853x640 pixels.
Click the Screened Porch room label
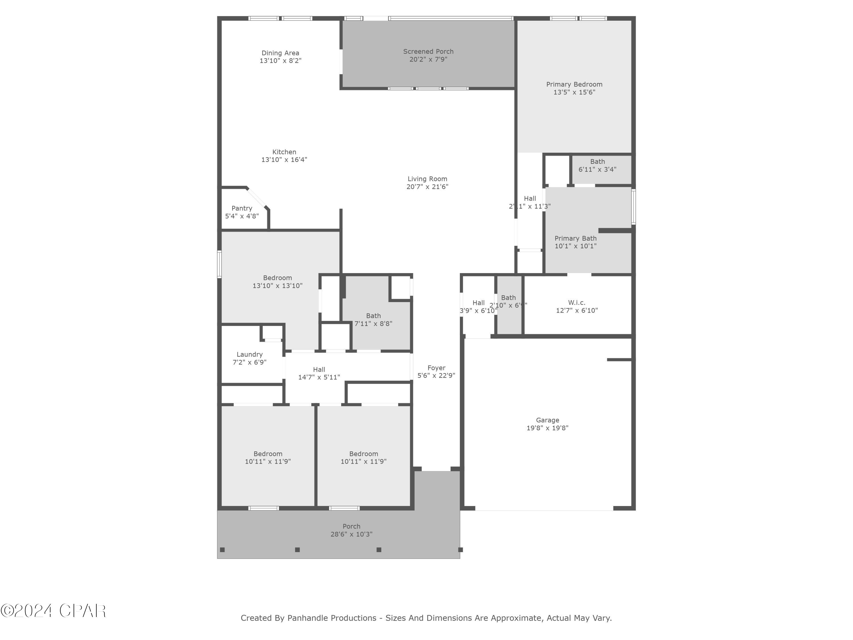coord(428,51)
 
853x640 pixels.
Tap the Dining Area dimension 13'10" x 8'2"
coord(280,61)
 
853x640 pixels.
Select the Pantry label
coord(242,208)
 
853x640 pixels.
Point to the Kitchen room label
coord(284,152)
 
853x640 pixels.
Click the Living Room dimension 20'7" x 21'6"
coord(427,187)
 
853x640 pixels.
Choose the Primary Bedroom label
coord(574,84)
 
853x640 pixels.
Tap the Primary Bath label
coord(575,238)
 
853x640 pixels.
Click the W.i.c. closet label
coord(577,303)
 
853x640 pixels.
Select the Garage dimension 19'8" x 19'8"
coord(547,428)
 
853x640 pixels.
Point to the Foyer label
coord(436,368)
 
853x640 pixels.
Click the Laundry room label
coord(249,354)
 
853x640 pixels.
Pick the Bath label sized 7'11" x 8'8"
coord(373,316)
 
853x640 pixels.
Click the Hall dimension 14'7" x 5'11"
coord(319,377)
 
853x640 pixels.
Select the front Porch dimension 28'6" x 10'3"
coord(351,534)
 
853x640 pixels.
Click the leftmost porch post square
coord(222,550)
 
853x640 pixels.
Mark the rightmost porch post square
coord(460,550)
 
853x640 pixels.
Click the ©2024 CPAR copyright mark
coord(53,611)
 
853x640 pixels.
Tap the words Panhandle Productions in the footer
coord(332,618)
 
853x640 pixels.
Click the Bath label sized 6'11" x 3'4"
coord(597,162)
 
